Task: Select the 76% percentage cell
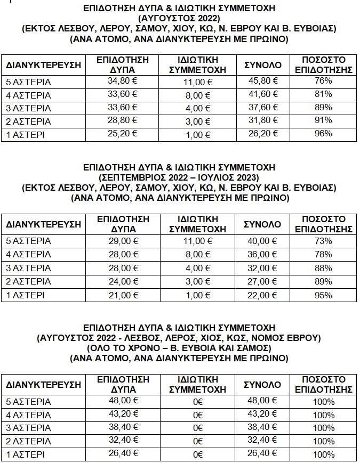[x=323, y=81]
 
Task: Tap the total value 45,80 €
[x=263, y=81]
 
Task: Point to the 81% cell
[x=323, y=94]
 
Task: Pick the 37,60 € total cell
[x=263, y=108]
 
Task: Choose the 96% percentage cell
[x=323, y=133]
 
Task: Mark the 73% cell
[x=323, y=241]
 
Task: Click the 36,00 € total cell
[x=263, y=254]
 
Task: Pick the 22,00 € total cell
[x=263, y=294]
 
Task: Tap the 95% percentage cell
[x=323, y=294]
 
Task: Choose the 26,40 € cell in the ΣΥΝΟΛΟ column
[x=263, y=454]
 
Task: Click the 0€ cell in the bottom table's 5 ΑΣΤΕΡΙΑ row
[x=198, y=402]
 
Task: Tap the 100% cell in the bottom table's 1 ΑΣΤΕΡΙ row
[x=323, y=454]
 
